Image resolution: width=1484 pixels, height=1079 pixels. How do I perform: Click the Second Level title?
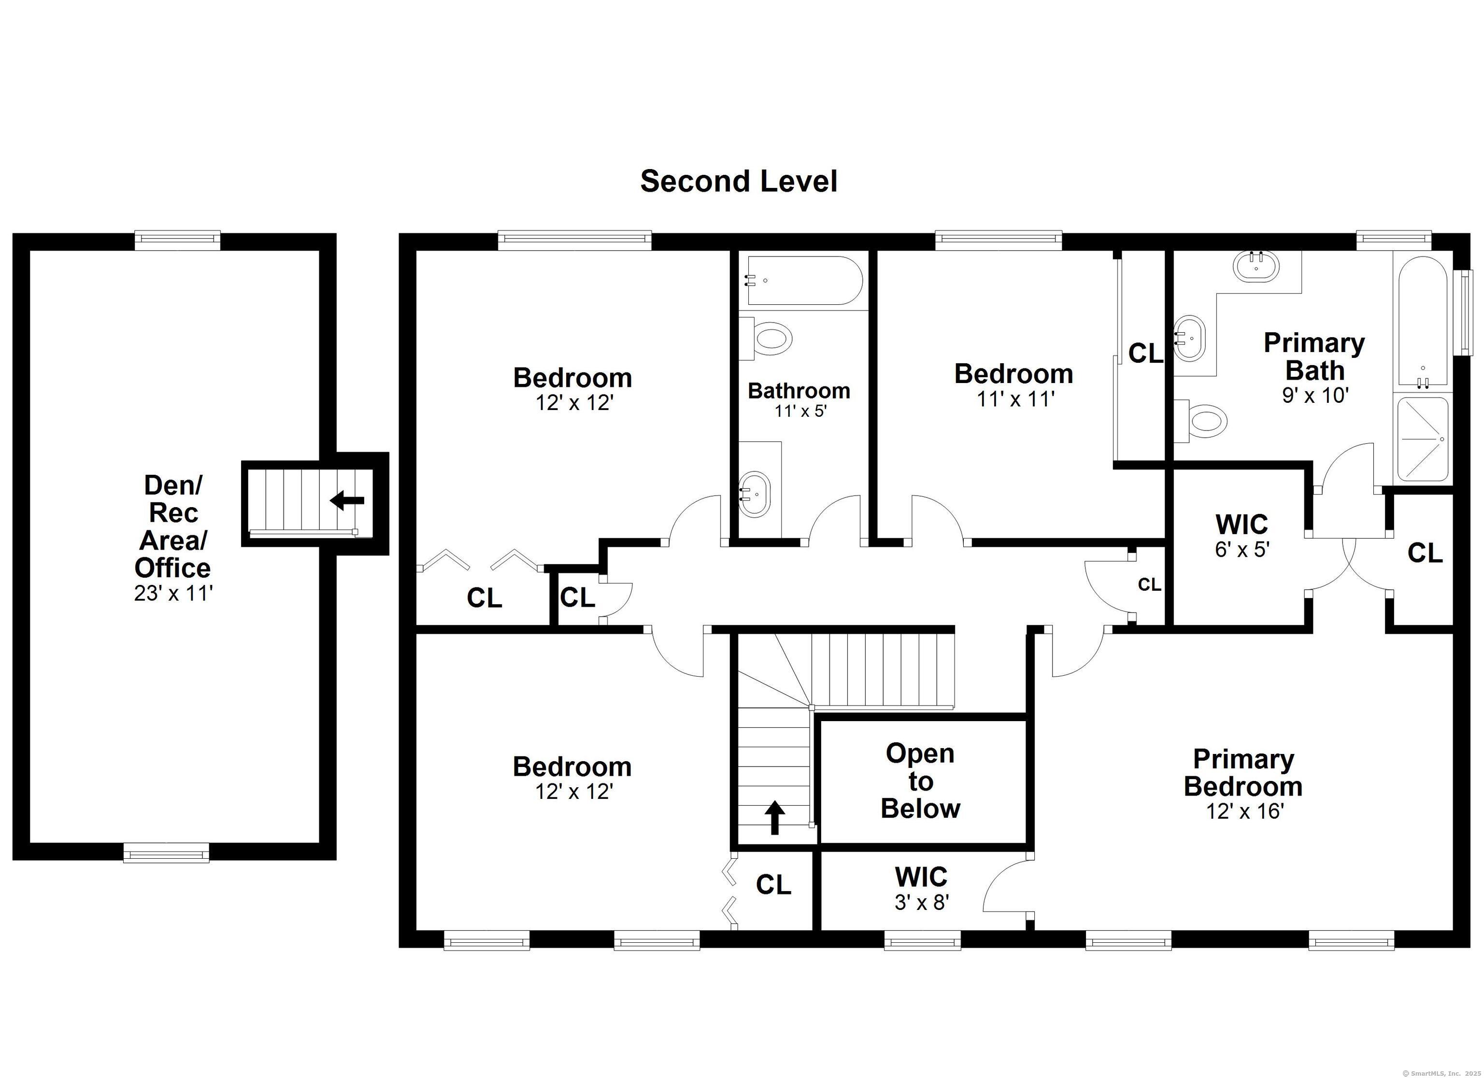coord(738,181)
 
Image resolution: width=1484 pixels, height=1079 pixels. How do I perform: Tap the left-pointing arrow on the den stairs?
coord(347,500)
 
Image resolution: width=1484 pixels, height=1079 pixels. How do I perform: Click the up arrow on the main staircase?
coord(775,817)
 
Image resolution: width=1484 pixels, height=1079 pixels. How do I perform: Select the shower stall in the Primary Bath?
coord(1421,439)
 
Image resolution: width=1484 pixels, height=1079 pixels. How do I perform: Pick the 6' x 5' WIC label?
coord(1241,549)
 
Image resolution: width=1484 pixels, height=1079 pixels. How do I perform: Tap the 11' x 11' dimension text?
coord(1015,398)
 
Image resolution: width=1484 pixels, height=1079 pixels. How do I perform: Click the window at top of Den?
coord(177,240)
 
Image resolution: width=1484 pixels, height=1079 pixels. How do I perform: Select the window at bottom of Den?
coord(166,852)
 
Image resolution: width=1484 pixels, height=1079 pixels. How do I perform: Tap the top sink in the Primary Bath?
coord(1255,266)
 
